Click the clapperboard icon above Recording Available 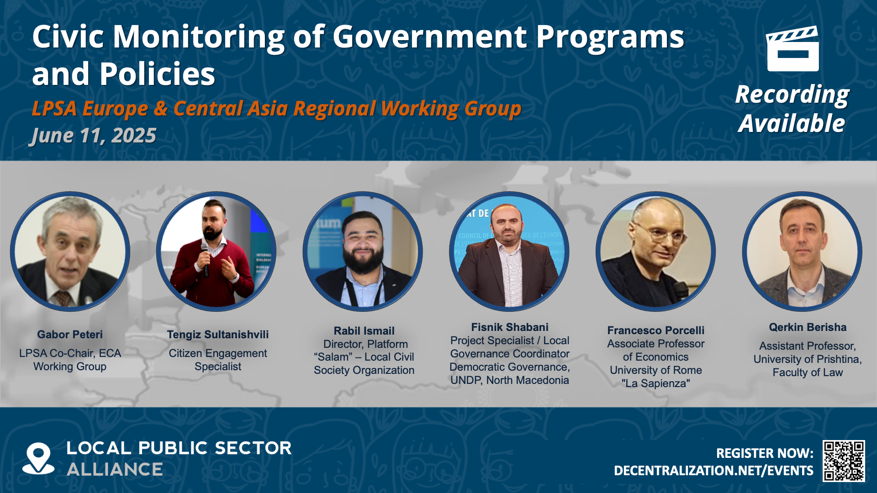point(792,49)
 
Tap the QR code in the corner point(844,461)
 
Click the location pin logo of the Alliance point(38,458)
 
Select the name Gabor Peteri point(70,335)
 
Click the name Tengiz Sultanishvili point(218,335)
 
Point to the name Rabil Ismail point(364,331)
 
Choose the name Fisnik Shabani point(510,327)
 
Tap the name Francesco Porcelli point(656,330)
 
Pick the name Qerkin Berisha point(808,327)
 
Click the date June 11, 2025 point(94,136)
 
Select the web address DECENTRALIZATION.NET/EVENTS point(713,471)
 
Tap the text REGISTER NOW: point(765,453)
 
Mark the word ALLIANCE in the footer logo point(115,470)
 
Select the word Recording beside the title point(792,95)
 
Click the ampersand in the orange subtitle point(161,109)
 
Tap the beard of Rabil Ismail point(363,262)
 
